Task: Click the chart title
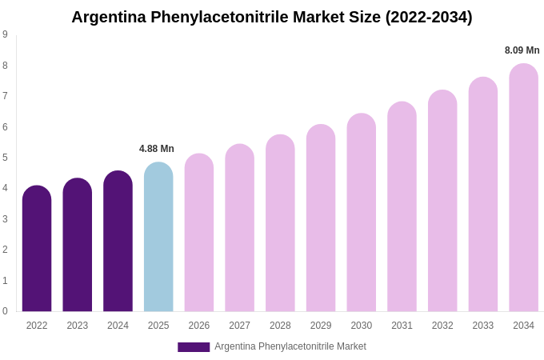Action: pyautogui.click(x=272, y=17)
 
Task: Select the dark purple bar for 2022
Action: pyautogui.click(x=37, y=250)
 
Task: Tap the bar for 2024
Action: pyautogui.click(x=118, y=242)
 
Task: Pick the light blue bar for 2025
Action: pyautogui.click(x=158, y=238)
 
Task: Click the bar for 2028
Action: pyautogui.click(x=280, y=224)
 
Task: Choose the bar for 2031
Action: pyautogui.click(x=402, y=207)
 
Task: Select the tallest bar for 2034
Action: pyautogui.click(x=523, y=188)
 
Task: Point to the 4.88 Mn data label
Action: pyautogui.click(x=157, y=149)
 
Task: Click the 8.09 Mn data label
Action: pyautogui.click(x=522, y=50)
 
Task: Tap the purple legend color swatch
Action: pyautogui.click(x=194, y=347)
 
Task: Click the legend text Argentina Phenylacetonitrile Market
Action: pyautogui.click(x=290, y=346)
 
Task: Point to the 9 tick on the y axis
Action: pyautogui.click(x=5, y=34)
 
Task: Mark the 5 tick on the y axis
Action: pyautogui.click(x=5, y=158)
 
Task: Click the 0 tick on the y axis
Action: pyautogui.click(x=5, y=311)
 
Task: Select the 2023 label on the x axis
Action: pyautogui.click(x=78, y=326)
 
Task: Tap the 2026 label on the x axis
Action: pyautogui.click(x=199, y=326)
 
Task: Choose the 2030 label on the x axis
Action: pyautogui.click(x=361, y=326)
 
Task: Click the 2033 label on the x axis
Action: pyautogui.click(x=482, y=326)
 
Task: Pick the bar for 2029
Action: pyautogui.click(x=321, y=218)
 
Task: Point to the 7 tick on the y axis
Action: pyautogui.click(x=5, y=96)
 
